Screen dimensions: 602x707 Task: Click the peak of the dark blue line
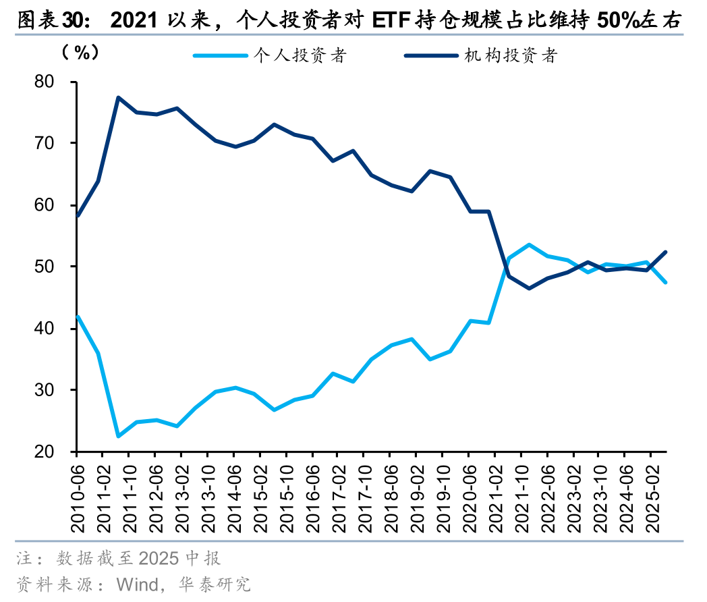[x=117, y=97]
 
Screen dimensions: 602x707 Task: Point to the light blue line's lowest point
[x=117, y=436]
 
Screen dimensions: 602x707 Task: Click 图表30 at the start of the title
[x=48, y=22]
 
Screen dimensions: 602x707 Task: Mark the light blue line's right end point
[x=667, y=282]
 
